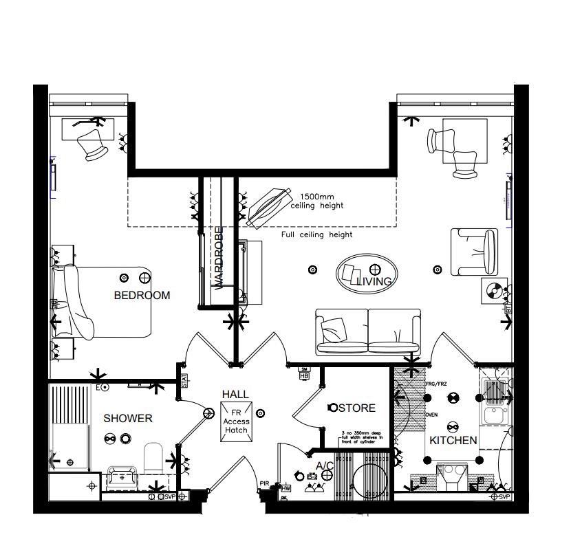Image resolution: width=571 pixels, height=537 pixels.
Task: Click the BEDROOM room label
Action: coord(142,296)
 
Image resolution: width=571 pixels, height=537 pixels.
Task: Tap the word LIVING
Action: coord(374,281)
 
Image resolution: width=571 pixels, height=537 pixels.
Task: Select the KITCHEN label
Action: coord(453,440)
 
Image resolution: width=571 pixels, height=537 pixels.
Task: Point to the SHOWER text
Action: coord(128,418)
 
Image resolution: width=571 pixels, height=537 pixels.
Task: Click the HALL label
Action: coord(235,394)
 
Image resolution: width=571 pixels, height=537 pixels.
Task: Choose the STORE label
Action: coord(356,408)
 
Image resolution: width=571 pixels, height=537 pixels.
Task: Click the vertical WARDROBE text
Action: coord(219,259)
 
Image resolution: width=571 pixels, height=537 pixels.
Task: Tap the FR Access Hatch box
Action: coord(236,421)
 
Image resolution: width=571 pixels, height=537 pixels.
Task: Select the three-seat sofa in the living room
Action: coord(368,331)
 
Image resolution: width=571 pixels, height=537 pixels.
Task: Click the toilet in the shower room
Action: coord(153,457)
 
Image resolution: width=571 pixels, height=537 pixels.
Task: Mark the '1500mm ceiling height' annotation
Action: coord(316,200)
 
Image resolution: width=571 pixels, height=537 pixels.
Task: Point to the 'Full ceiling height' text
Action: coord(316,234)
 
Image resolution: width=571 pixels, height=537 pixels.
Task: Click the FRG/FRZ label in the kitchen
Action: coord(436,384)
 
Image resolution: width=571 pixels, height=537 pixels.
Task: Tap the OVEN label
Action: coord(431,415)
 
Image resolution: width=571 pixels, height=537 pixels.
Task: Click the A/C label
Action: coord(325,466)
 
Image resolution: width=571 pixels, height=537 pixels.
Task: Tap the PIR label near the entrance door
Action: coord(264,483)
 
